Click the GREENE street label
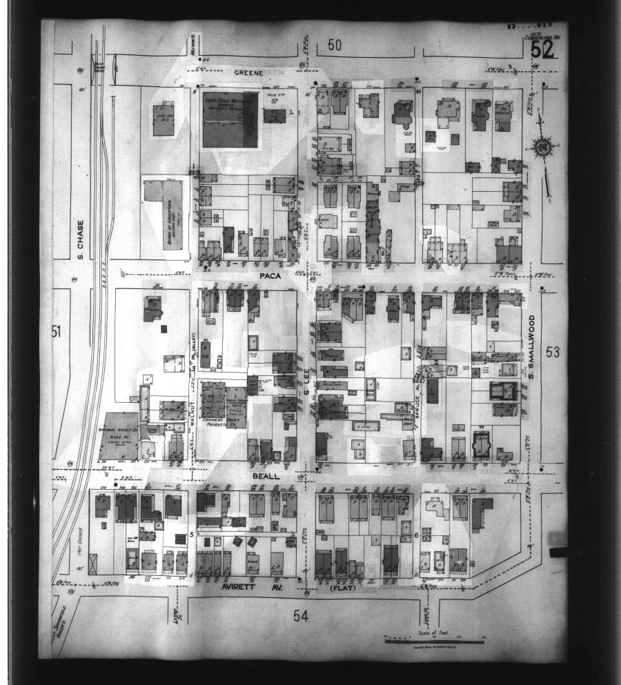tap(245, 72)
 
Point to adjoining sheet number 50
tap(335, 46)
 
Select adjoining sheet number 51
tap(57, 332)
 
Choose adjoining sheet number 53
tap(553, 353)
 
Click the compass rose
tap(542, 148)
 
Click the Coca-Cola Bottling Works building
tap(230, 119)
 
